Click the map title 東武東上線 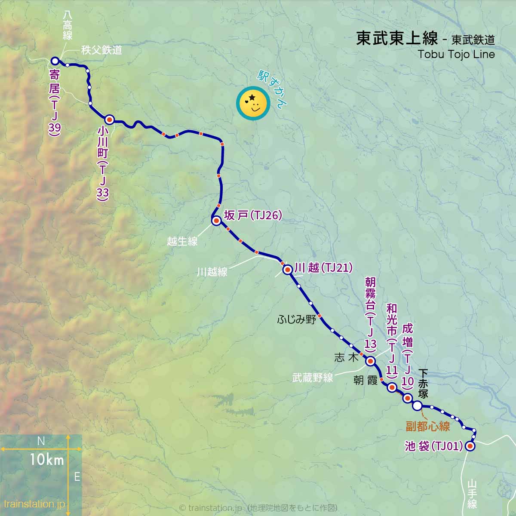(396, 39)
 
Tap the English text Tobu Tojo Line (456, 55)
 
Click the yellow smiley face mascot (253, 104)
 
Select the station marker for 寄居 (55, 61)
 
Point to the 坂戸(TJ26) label (253, 215)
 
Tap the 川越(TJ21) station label (323, 268)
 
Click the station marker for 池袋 (470, 446)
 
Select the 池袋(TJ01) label (433, 446)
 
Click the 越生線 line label (182, 241)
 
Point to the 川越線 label (212, 272)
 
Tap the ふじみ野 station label (297, 319)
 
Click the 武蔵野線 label (313, 378)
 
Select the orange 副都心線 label (427, 426)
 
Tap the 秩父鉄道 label (101, 50)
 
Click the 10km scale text (47, 460)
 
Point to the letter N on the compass (41, 441)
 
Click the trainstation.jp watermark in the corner (34, 504)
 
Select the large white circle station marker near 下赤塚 (417, 405)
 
